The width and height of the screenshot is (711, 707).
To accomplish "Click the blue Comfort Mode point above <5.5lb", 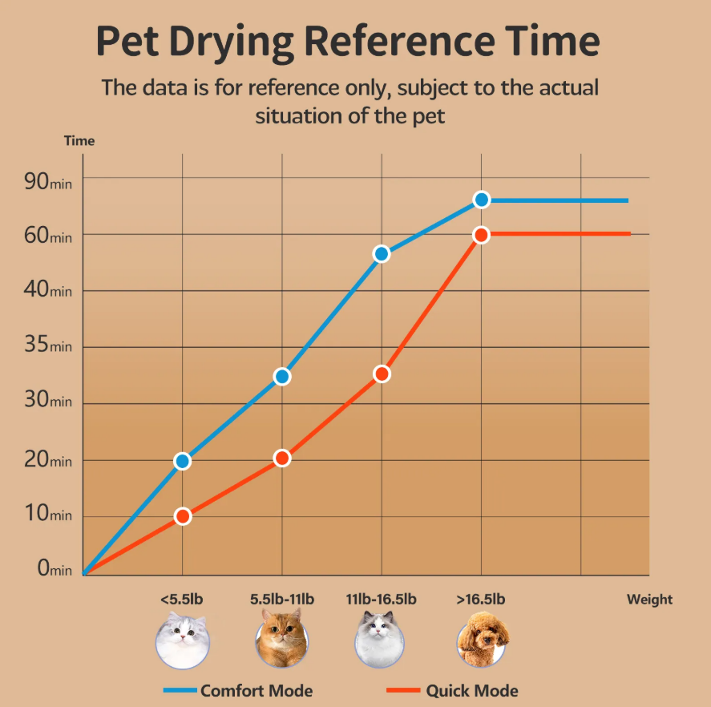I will point(183,461).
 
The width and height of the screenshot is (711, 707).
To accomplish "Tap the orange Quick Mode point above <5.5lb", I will point(183,516).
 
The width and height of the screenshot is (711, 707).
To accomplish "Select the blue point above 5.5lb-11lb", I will point(282,377).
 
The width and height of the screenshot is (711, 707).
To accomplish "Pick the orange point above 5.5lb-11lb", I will point(282,459).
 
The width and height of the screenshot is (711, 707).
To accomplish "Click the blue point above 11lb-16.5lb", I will point(382,254).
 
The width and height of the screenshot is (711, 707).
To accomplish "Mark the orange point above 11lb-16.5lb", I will point(382,374).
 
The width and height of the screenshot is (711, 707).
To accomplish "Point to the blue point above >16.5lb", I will point(481,200).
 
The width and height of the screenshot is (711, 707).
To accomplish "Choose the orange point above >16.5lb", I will point(481,235).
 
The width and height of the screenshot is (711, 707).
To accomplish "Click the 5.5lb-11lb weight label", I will point(282,599).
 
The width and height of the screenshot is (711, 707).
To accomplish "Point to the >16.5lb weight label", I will point(481,599).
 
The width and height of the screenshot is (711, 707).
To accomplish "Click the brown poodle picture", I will point(482,639).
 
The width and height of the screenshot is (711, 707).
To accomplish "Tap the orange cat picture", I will point(282,639).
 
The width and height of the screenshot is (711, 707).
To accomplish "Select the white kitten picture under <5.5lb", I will point(183,639).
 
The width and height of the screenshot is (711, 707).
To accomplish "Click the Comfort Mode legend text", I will point(257,690).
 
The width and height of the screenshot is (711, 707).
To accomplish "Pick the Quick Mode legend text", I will point(472,690).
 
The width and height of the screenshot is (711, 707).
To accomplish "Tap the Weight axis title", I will point(649,599).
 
